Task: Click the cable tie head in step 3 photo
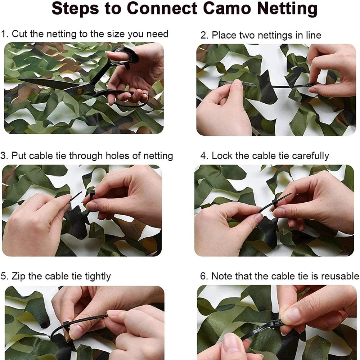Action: (92, 195)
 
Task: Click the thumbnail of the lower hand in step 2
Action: (237, 84)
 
